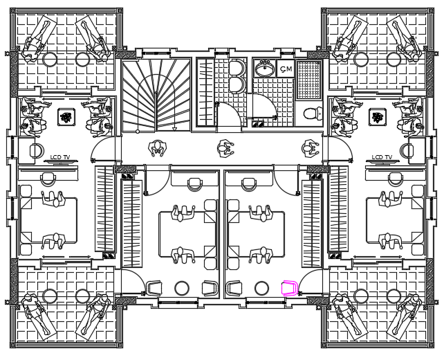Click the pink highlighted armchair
(289, 287)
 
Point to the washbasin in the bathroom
(263, 69)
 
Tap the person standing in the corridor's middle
(224, 147)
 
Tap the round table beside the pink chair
(261, 287)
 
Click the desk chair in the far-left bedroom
(48, 178)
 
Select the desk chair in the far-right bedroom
(396, 178)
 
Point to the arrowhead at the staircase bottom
(174, 128)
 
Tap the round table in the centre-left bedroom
(182, 287)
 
